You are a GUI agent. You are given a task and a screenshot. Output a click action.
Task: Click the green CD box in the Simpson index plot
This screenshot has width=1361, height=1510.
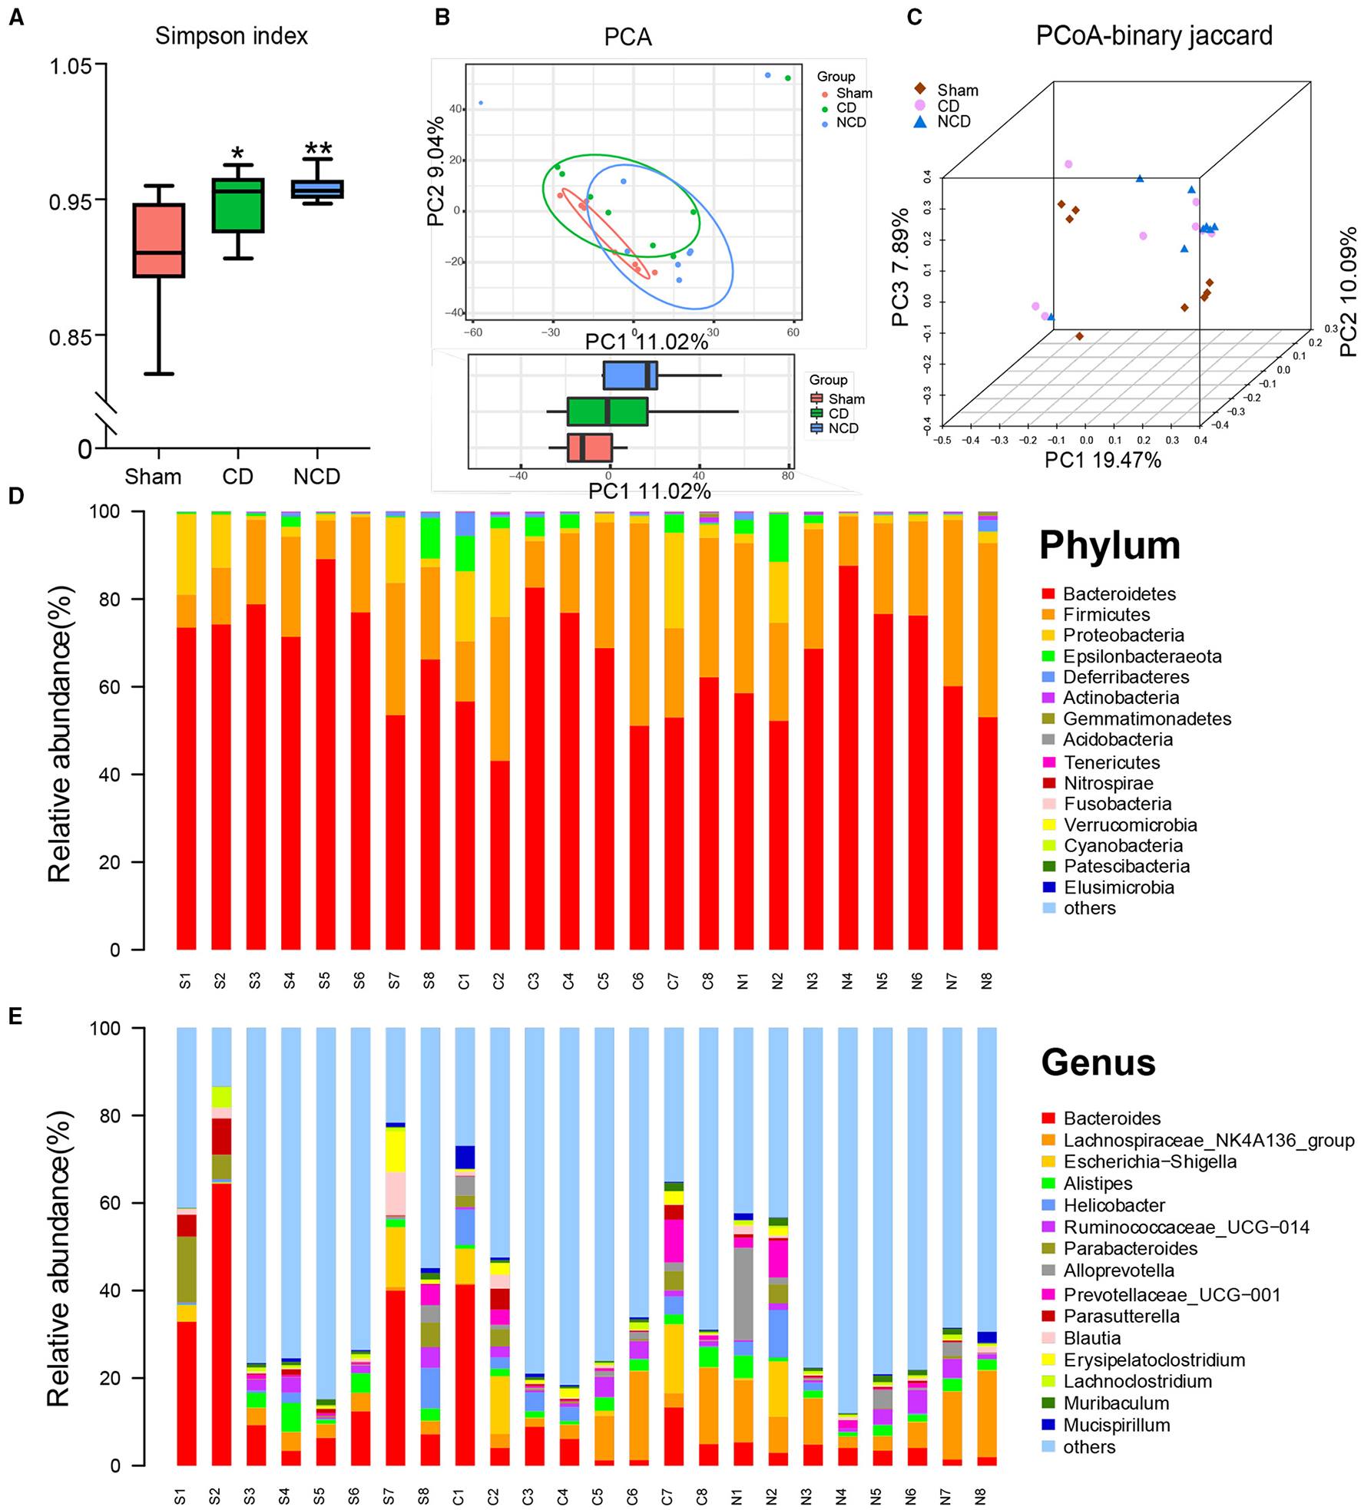(x=238, y=205)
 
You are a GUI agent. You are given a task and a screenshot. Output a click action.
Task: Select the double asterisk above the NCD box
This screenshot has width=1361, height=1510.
(x=317, y=148)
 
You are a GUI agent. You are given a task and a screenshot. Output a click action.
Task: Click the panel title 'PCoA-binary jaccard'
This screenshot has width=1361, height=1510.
(x=1154, y=36)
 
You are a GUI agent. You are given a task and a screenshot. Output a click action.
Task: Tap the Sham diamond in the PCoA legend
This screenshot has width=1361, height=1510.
(x=919, y=89)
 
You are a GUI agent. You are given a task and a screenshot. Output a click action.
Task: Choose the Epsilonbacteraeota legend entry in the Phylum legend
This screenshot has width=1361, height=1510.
(x=1141, y=656)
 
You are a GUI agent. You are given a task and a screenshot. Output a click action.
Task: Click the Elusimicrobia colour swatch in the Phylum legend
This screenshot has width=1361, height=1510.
(x=1048, y=887)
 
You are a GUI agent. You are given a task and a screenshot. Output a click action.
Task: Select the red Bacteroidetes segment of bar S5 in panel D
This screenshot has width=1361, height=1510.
(x=326, y=752)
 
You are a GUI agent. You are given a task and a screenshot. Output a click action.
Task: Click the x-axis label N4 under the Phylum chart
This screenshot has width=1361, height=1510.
(x=847, y=980)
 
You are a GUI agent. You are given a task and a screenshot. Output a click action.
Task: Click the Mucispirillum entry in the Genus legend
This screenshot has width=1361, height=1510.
(x=1116, y=1425)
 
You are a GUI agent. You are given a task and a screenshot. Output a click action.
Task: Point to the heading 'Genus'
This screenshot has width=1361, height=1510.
(x=1098, y=1062)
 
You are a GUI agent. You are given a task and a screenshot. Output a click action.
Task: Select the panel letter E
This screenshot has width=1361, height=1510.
(x=15, y=1016)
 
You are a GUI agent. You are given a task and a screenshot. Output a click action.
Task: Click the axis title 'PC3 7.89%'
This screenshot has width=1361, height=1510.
(x=900, y=267)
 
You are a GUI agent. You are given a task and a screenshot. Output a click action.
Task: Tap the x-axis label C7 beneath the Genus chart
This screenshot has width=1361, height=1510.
(x=667, y=1496)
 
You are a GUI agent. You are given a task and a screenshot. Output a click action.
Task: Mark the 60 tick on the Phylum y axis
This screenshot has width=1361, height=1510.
(x=114, y=687)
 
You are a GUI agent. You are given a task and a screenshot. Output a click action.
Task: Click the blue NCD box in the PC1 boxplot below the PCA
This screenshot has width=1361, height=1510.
(x=629, y=375)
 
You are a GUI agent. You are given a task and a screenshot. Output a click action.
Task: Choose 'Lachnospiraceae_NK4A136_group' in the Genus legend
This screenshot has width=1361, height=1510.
(x=1208, y=1140)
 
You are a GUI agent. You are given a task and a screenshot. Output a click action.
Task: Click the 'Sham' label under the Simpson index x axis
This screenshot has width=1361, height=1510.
(x=153, y=477)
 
